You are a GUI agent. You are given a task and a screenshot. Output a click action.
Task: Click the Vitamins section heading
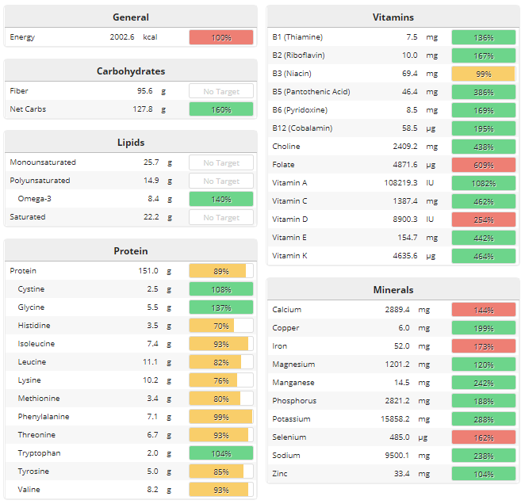coord(393,17)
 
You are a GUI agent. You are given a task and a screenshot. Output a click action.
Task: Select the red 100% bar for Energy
coord(221,37)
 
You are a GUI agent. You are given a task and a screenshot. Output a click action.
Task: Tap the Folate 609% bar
coord(483,165)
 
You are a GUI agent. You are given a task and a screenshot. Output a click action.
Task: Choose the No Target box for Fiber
coord(221,91)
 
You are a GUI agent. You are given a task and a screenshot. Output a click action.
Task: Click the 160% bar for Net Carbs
coord(221,109)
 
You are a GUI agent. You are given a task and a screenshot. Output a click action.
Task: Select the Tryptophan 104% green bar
coord(221,453)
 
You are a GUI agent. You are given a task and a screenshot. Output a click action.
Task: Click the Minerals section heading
coord(393,289)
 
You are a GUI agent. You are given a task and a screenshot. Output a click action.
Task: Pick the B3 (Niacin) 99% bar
coord(483,74)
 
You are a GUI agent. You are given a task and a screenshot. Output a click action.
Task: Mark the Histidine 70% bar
coord(221,326)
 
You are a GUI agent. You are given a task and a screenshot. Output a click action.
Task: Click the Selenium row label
coord(289,437)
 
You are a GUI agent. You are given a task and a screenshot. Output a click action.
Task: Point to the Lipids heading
coord(130,142)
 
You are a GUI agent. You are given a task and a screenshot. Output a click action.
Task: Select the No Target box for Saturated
coord(221,217)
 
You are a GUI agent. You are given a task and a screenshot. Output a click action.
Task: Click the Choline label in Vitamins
coord(286,147)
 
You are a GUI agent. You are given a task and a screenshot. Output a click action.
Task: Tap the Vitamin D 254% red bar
coord(483,220)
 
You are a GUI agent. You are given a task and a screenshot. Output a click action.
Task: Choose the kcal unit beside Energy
coord(150,37)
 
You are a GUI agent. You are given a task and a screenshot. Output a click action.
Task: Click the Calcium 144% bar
coord(483,310)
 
